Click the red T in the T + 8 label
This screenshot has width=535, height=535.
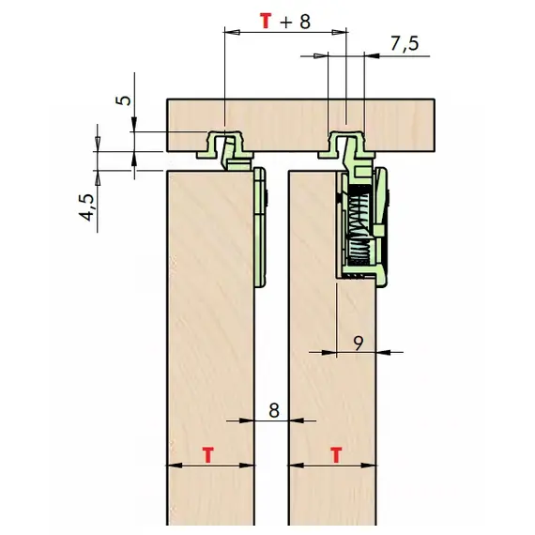pyautogui.click(x=267, y=21)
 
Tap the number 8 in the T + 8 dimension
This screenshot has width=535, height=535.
pyautogui.click(x=305, y=22)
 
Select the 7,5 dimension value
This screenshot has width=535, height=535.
pyautogui.click(x=405, y=44)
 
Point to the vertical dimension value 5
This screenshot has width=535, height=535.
pyautogui.click(x=126, y=100)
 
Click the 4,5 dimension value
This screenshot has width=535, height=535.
pyautogui.click(x=86, y=207)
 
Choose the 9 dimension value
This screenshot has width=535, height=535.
pyautogui.click(x=359, y=344)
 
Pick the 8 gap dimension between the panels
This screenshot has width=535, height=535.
pyautogui.click(x=274, y=410)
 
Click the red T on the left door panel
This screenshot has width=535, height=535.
pyautogui.click(x=207, y=455)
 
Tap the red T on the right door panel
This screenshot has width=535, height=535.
pyautogui.click(x=336, y=455)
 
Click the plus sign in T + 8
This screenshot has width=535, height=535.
pyautogui.click(x=286, y=23)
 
